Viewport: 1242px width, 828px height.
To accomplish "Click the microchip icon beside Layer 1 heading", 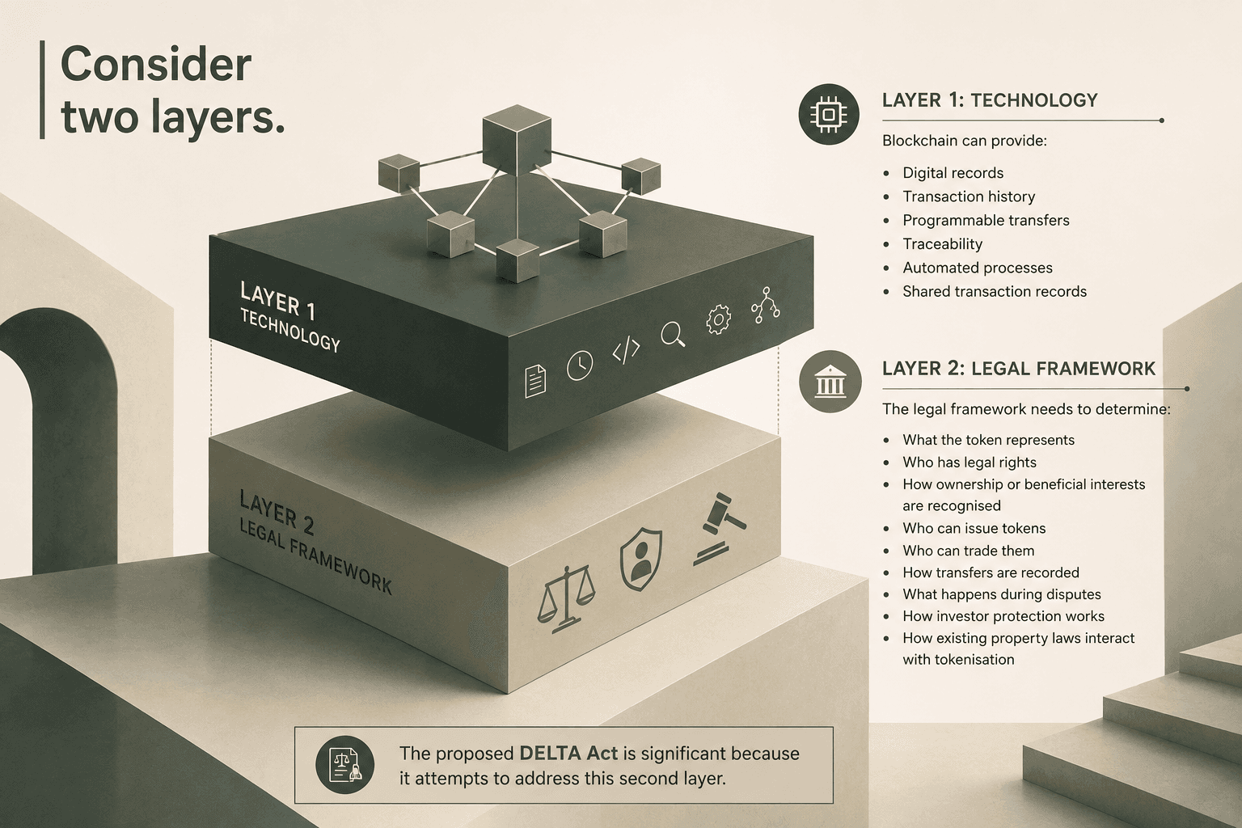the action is tap(828, 114).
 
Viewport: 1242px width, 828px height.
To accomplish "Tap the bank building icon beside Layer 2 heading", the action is tap(830, 381).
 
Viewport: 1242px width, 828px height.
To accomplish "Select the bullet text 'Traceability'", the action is tap(942, 244).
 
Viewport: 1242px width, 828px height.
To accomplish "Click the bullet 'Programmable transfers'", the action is tap(986, 220).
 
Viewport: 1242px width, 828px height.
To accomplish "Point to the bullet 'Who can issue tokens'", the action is tap(974, 528).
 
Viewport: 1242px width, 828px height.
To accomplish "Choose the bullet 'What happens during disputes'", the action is tap(1001, 594).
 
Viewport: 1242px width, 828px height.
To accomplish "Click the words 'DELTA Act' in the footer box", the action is tap(568, 753).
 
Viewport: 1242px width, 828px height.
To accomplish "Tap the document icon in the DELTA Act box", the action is tap(344, 765).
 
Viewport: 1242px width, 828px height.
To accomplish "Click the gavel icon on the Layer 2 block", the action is tap(720, 529).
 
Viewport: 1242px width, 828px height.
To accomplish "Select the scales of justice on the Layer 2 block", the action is tap(565, 599).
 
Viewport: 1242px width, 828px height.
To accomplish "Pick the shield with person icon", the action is tap(640, 559).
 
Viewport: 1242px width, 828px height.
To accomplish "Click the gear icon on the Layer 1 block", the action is tap(718, 319).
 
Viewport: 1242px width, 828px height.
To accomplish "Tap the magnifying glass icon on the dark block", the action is tap(673, 335).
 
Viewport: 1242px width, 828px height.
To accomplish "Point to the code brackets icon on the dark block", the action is tap(626, 350).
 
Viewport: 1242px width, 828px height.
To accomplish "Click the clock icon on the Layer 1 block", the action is tap(580, 366).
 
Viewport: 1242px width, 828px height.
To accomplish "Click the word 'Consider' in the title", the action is tap(156, 65).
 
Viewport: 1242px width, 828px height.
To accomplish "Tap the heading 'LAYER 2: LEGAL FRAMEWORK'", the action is tap(1019, 368).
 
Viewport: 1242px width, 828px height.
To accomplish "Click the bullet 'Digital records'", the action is tap(953, 173).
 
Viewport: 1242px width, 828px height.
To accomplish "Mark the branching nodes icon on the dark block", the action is tap(765, 305).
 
